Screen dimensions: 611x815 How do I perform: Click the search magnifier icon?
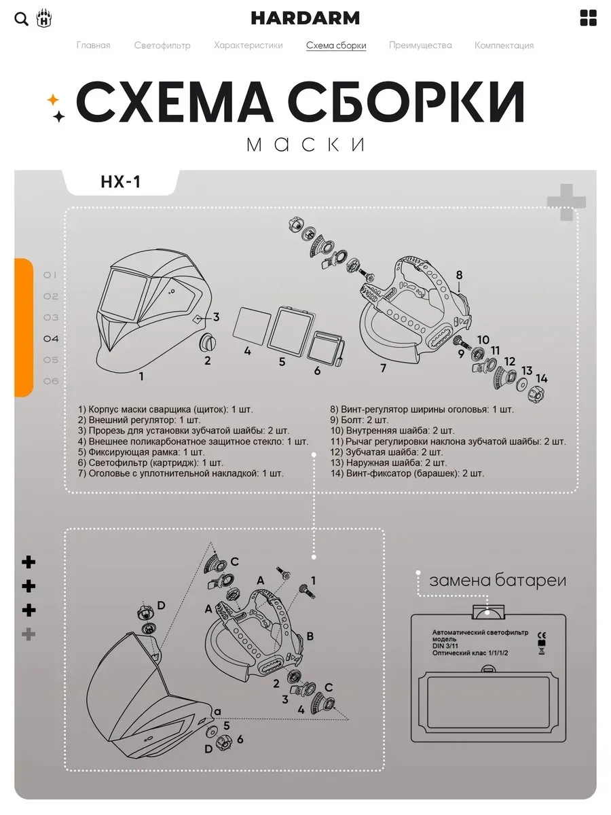click(21, 19)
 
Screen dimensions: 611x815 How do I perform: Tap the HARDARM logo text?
click(305, 18)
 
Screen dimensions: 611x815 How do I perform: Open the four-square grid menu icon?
click(588, 18)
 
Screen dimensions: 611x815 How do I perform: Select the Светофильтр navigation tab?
click(162, 46)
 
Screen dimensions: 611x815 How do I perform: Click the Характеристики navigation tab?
click(248, 46)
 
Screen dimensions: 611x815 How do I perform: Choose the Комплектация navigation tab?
click(504, 46)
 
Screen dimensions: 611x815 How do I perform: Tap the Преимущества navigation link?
click(420, 46)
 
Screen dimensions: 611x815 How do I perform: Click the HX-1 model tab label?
click(121, 182)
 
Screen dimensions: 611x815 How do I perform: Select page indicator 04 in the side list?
click(51, 339)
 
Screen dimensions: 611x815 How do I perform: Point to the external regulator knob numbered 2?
click(207, 342)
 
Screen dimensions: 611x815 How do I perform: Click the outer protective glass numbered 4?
click(253, 325)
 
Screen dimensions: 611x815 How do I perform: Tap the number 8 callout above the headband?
click(459, 275)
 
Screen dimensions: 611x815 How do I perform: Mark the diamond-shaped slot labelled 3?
click(198, 319)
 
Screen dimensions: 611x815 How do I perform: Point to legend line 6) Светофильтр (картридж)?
click(150, 463)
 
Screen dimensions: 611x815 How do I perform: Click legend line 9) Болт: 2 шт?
click(359, 420)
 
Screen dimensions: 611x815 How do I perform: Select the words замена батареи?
click(498, 581)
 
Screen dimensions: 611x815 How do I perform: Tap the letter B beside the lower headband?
click(310, 636)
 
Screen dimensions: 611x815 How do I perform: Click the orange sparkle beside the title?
click(53, 100)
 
